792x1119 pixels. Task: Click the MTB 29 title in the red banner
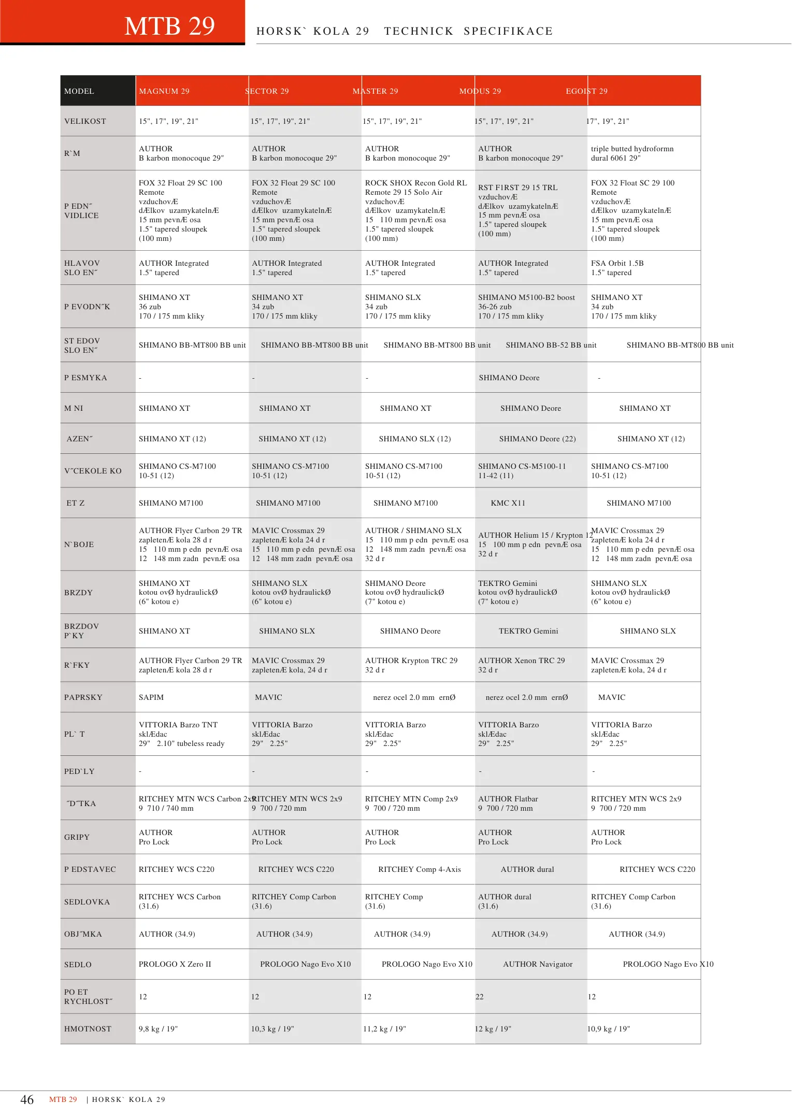point(169,26)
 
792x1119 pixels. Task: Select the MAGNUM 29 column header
point(164,91)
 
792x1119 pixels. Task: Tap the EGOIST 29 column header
point(586,91)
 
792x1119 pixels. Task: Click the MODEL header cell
point(79,91)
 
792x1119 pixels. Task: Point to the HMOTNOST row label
point(88,1029)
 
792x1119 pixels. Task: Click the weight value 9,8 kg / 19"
point(158,1029)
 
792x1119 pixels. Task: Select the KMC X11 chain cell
point(508,503)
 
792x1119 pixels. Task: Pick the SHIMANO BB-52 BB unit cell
point(551,345)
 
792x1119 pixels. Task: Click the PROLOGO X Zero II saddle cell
point(175,964)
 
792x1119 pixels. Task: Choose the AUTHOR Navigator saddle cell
point(538,964)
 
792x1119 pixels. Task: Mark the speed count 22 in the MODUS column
point(480,997)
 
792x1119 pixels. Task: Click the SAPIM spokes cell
point(151,697)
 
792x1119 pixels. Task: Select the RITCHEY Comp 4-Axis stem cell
point(419,869)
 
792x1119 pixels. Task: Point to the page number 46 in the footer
point(27,1099)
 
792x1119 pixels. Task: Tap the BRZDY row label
point(78,593)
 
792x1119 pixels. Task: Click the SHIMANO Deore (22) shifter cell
point(537,439)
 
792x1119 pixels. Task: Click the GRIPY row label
point(77,837)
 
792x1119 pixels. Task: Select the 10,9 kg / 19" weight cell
point(608,1029)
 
